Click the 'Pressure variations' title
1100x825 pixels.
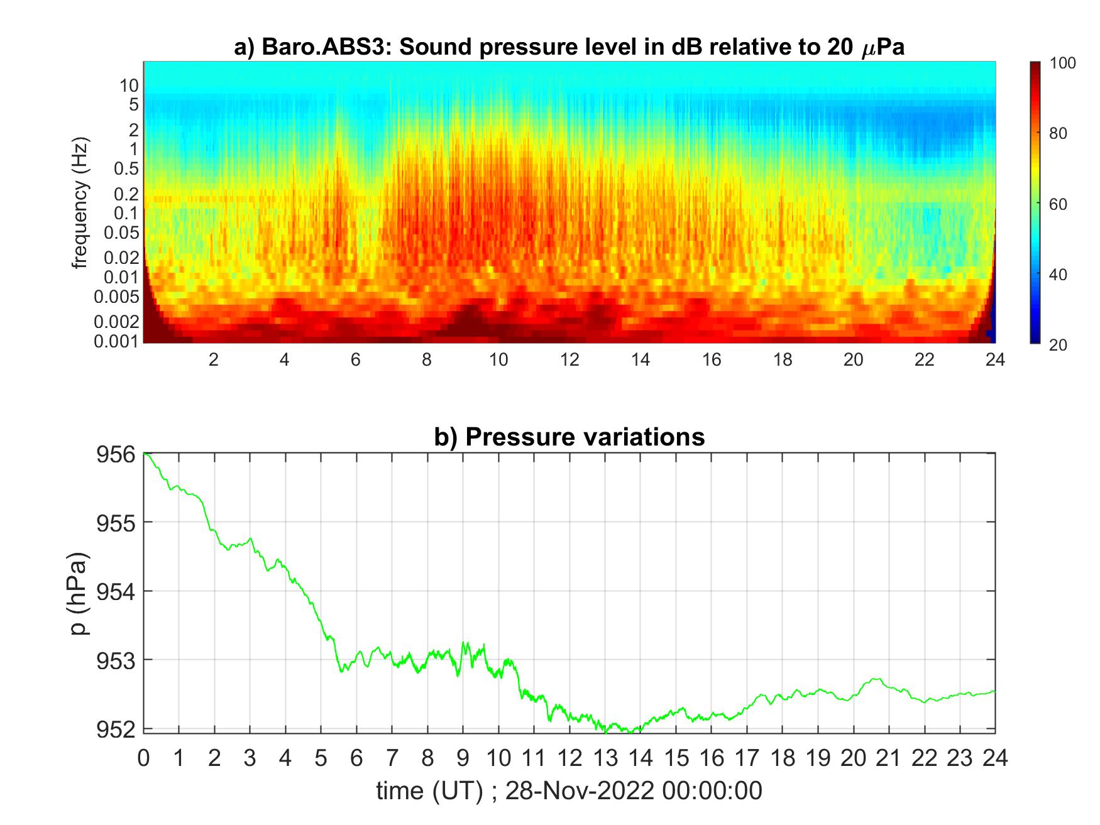point(569,437)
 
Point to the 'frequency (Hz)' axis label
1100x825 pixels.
point(80,203)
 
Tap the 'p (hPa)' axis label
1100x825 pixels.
point(80,594)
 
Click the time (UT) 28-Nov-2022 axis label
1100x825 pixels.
point(569,790)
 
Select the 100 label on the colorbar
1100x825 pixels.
point(1063,63)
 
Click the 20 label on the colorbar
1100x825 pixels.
point(1058,344)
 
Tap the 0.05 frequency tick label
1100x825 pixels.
point(121,232)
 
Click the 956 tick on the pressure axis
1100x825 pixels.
point(116,454)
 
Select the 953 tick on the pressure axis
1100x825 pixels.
point(116,660)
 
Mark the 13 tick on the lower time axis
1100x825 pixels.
point(605,758)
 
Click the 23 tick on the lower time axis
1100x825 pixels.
point(960,758)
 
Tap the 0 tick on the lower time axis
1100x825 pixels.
point(144,758)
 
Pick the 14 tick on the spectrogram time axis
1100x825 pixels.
point(641,359)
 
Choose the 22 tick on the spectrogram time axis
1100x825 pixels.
point(924,359)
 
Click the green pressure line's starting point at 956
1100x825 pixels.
point(145,453)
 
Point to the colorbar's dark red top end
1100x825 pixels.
point(1035,64)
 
